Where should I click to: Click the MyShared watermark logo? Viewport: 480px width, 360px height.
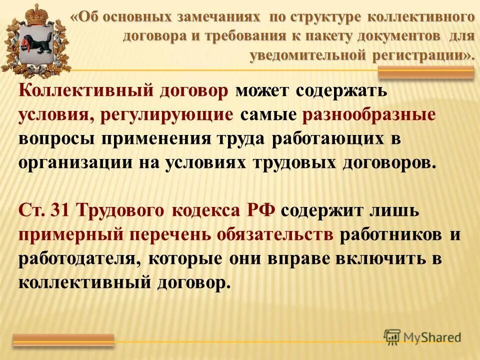(x=422, y=337)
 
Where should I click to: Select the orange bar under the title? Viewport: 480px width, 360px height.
(x=425, y=73)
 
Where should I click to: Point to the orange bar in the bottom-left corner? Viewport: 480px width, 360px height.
(x=63, y=340)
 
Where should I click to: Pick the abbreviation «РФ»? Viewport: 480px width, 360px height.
(x=260, y=210)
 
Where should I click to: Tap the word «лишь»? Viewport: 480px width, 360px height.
(x=393, y=210)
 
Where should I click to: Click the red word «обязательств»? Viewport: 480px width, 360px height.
(x=275, y=234)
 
